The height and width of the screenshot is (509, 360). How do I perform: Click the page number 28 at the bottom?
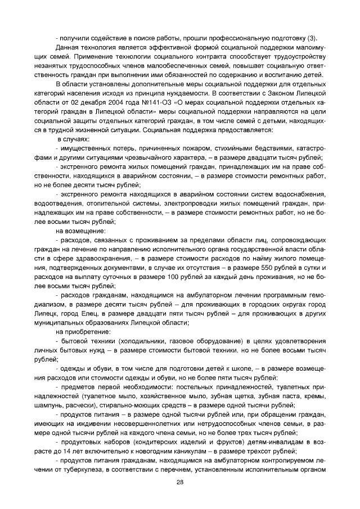coord(180,482)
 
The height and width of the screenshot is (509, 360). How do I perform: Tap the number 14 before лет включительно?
coord(75,451)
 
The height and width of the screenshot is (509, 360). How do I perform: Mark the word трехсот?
coord(252,451)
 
